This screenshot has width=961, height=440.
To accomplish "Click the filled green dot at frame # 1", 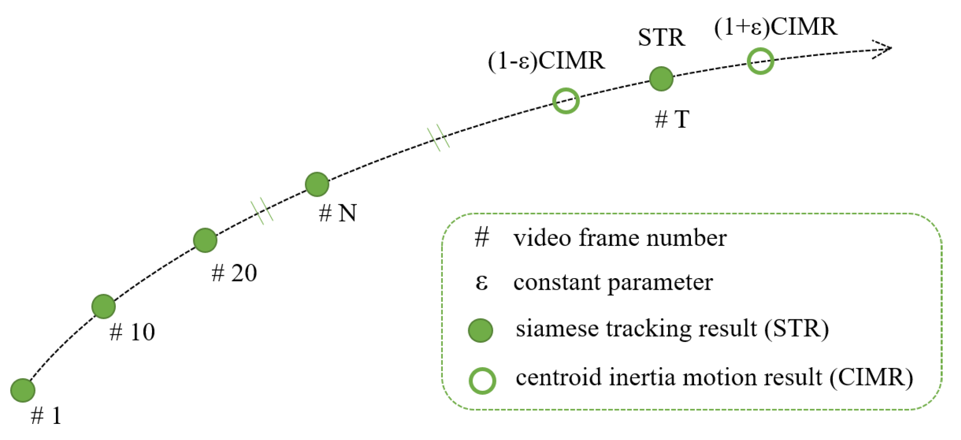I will pyautogui.click(x=23, y=390).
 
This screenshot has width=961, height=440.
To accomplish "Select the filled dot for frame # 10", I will pyautogui.click(x=103, y=306).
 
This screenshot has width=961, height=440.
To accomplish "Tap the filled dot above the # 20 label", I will pyautogui.click(x=205, y=240).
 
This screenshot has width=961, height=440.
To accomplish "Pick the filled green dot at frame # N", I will pyautogui.click(x=317, y=184).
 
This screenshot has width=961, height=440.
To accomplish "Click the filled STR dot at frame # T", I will pyautogui.click(x=661, y=79).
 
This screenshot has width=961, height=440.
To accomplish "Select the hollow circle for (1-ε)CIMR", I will pyautogui.click(x=566, y=101).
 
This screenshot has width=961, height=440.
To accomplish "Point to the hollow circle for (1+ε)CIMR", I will pyautogui.click(x=760, y=61).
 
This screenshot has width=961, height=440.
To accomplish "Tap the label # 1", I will pyautogui.click(x=46, y=416).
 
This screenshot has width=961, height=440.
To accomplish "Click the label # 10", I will pyautogui.click(x=132, y=332).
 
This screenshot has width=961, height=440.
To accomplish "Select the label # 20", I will pyautogui.click(x=234, y=273).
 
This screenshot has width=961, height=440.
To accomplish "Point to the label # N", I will pyautogui.click(x=338, y=213).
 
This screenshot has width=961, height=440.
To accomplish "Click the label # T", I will pyautogui.click(x=672, y=119).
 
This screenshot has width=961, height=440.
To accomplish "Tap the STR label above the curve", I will pyautogui.click(x=661, y=38).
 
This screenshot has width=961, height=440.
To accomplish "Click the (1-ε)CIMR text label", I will pyautogui.click(x=546, y=61).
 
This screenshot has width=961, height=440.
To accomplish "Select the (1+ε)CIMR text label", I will pyautogui.click(x=775, y=27).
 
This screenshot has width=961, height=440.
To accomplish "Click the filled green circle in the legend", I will pyautogui.click(x=480, y=330).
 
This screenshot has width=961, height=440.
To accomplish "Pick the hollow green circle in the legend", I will pyautogui.click(x=482, y=381).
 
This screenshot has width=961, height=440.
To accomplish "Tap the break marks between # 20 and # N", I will pyautogui.click(x=262, y=210).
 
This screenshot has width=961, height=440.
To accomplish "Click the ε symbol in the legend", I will pyautogui.click(x=481, y=282).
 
